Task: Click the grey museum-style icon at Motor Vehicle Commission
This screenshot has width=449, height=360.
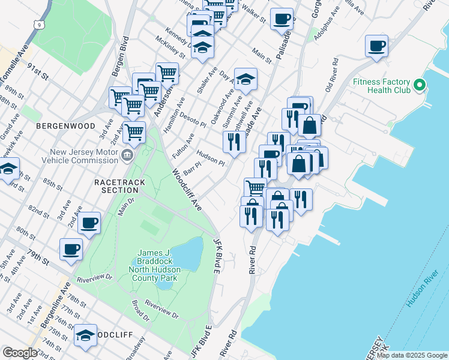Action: coord(127,156)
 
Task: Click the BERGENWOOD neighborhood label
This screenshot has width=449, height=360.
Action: coord(65,126)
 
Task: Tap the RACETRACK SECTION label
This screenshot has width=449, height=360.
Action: coord(116,185)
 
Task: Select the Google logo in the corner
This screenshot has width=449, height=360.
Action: coord(20,353)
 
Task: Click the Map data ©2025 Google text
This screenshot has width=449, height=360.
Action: coord(412,355)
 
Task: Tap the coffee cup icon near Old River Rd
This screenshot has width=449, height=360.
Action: coord(376,46)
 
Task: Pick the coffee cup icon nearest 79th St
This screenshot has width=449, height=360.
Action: coord(71,248)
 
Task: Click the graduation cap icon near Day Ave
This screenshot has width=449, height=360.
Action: coord(245,78)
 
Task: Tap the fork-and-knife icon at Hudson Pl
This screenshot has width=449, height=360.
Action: coord(232,142)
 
